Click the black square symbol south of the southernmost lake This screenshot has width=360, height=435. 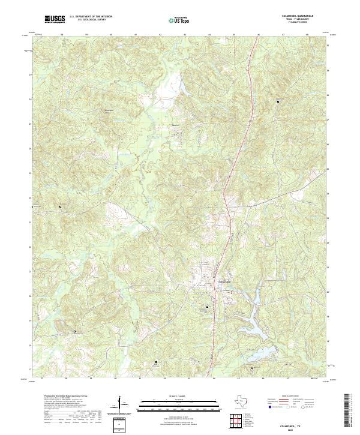[252, 368]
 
